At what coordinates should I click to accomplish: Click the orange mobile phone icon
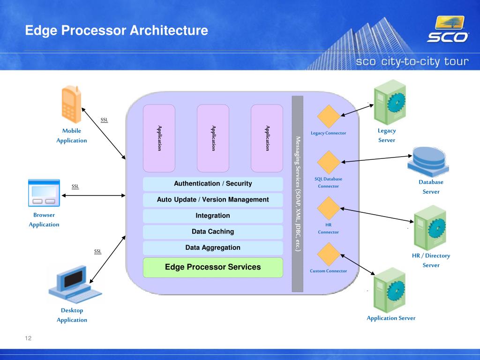click(72, 105)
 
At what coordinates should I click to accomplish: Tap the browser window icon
click(44, 193)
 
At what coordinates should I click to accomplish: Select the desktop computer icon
click(75, 284)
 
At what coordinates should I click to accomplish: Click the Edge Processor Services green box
click(213, 267)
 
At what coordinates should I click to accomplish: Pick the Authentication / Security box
click(213, 184)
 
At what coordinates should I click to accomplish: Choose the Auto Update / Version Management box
click(213, 200)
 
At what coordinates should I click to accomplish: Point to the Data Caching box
click(213, 232)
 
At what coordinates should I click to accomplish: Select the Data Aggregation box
click(213, 247)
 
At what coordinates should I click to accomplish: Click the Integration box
click(213, 216)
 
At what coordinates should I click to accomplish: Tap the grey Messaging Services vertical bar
click(298, 194)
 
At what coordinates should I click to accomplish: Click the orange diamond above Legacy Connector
click(329, 116)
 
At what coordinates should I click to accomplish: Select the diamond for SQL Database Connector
click(329, 162)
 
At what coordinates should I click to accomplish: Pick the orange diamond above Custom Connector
click(329, 255)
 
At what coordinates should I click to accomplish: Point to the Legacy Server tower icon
click(390, 102)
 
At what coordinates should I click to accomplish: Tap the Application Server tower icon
click(390, 290)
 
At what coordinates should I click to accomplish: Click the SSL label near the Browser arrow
click(75, 187)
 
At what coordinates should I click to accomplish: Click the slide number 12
click(28, 338)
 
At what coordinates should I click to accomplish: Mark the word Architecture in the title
click(169, 30)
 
